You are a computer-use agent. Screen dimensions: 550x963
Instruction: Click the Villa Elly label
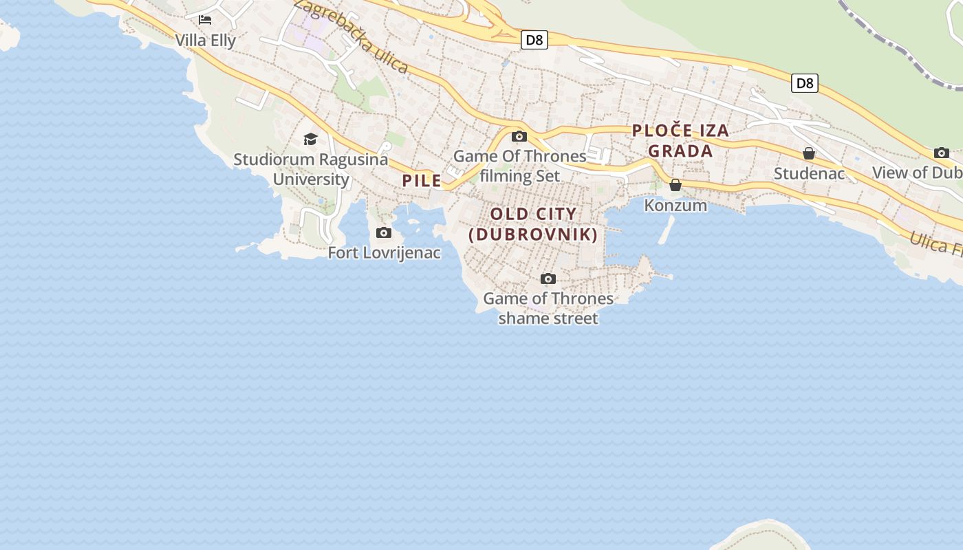(x=205, y=41)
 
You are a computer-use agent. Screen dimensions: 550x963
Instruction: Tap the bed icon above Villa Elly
(x=205, y=20)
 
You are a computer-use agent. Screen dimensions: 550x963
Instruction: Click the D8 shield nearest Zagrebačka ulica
(x=534, y=40)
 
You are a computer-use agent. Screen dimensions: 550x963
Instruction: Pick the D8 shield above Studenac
(x=803, y=84)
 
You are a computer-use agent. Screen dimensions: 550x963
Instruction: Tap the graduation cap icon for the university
(x=310, y=140)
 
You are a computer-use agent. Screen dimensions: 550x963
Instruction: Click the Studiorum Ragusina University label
(x=311, y=169)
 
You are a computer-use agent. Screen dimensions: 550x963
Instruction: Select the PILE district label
(x=422, y=181)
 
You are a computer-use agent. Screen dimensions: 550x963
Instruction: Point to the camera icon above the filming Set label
(x=519, y=136)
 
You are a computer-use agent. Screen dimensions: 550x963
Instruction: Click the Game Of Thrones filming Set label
(x=520, y=166)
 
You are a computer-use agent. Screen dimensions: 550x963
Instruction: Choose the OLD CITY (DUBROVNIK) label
(x=533, y=224)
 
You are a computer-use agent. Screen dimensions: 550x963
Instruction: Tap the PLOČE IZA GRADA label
(x=680, y=140)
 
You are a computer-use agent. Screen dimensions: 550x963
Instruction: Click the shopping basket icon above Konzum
(x=675, y=185)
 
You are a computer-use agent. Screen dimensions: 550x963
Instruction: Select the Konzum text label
(x=675, y=205)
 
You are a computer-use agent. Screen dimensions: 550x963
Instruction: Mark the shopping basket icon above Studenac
(x=809, y=153)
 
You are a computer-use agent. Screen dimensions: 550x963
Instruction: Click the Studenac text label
(x=809, y=173)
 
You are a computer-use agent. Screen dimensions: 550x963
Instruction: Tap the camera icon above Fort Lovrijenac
(x=384, y=233)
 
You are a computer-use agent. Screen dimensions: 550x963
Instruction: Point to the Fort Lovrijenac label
(x=384, y=253)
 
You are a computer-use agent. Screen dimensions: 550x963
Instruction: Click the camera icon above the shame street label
(x=548, y=278)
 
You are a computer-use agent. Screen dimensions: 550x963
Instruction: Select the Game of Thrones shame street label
(x=548, y=308)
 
